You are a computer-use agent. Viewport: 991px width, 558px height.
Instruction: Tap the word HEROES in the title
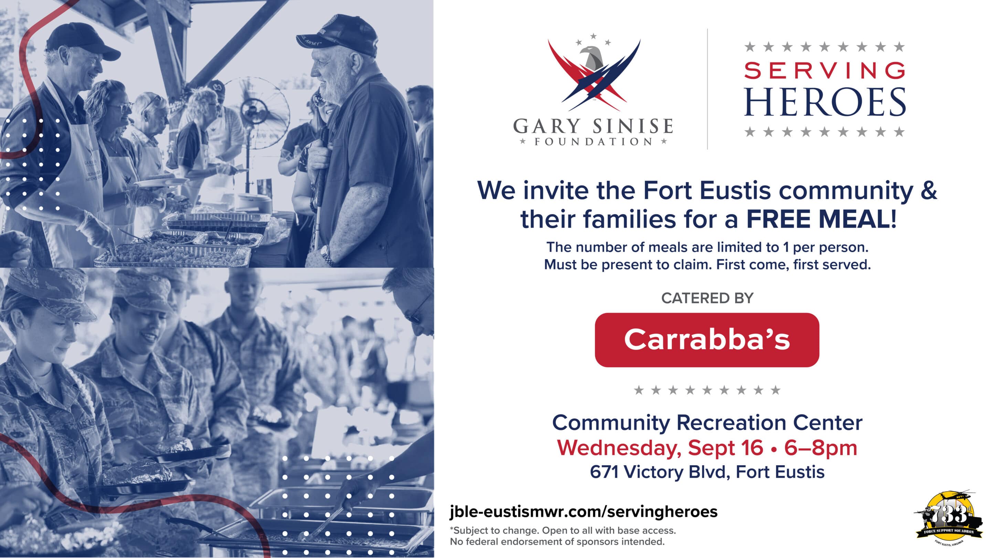825,102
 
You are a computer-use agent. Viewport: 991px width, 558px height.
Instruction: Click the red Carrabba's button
707,340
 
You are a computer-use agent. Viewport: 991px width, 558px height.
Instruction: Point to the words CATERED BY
707,298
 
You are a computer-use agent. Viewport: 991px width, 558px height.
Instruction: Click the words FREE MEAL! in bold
822,219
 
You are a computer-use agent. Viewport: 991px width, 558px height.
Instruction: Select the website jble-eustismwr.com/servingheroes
583,512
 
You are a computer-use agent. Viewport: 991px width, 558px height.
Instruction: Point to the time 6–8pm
821,448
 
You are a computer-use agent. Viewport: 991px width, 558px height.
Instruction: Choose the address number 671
604,472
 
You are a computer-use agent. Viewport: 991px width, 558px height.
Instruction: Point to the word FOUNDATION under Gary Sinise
593,142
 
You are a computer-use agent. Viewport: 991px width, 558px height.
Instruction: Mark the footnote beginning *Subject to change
563,536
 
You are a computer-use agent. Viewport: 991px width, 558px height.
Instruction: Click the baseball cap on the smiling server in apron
82,42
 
